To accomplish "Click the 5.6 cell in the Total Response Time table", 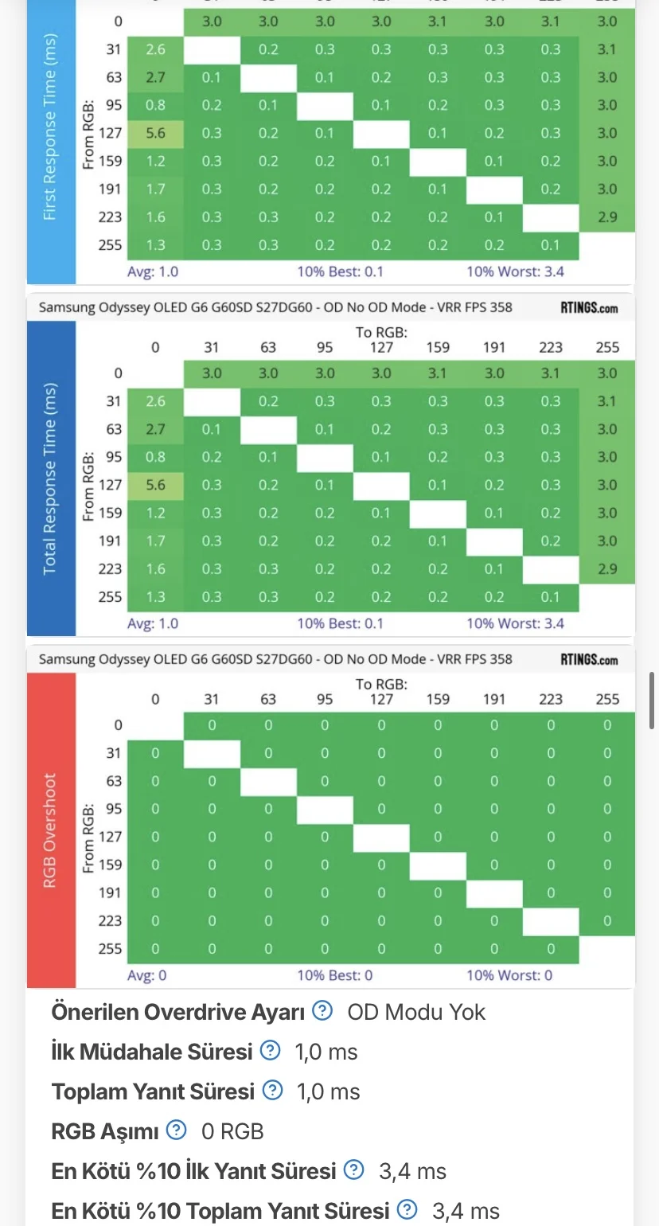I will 156,485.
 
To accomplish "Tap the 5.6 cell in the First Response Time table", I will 156,133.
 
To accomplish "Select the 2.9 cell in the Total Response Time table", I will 607,568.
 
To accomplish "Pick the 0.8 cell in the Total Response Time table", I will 156,457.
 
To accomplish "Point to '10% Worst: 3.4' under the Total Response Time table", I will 515,623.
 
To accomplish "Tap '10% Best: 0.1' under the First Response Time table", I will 340,271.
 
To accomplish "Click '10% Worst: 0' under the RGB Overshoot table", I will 509,975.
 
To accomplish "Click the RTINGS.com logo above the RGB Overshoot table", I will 589,659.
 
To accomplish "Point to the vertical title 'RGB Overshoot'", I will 51,830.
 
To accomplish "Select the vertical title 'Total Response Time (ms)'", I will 51,478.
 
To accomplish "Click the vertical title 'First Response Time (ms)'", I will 51,127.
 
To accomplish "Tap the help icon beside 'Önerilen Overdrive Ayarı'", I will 322,1011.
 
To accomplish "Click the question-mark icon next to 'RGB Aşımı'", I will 177,1130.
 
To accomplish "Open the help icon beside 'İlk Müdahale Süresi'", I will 271,1051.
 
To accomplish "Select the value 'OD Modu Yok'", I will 416,1012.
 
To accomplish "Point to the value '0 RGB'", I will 232,1131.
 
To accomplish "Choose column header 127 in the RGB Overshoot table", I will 381,700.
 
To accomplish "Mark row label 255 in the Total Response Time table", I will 111,596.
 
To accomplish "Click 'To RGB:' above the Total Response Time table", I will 381,332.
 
